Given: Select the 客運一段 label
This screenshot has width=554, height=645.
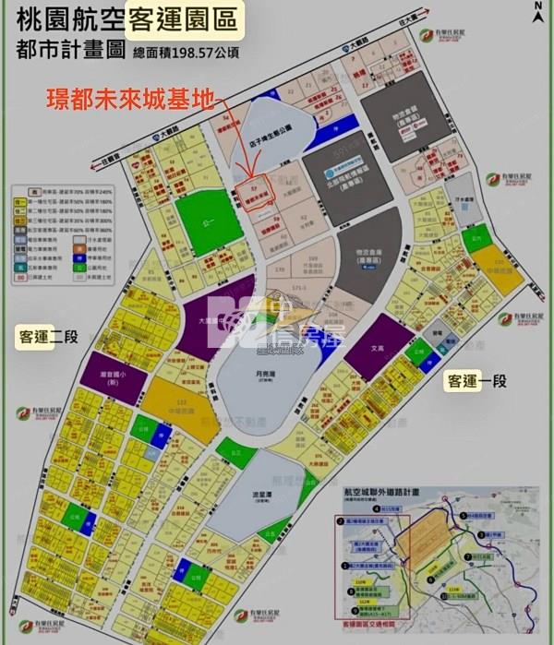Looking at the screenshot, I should coord(476,380).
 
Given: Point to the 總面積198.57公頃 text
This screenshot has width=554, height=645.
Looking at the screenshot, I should coord(187,54).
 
